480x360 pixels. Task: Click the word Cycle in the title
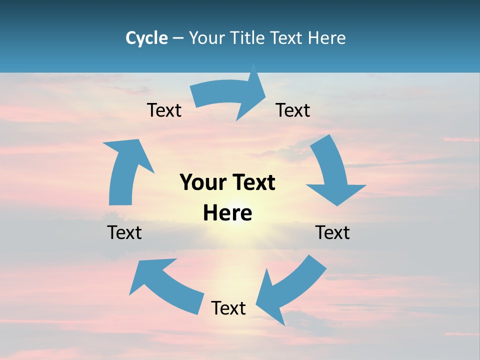(146, 38)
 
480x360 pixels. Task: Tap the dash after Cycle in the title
(178, 38)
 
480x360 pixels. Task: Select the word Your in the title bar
(206, 38)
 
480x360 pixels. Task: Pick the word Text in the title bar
(288, 38)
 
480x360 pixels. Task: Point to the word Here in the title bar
(327, 38)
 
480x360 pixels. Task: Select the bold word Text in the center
(252, 182)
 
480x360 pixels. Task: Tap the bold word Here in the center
(227, 213)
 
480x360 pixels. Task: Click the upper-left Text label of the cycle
(164, 110)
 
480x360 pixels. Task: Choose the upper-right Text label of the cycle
(293, 110)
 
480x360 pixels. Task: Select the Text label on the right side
(332, 232)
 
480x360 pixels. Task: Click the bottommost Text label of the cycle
(228, 308)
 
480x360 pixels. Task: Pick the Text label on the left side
(124, 232)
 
